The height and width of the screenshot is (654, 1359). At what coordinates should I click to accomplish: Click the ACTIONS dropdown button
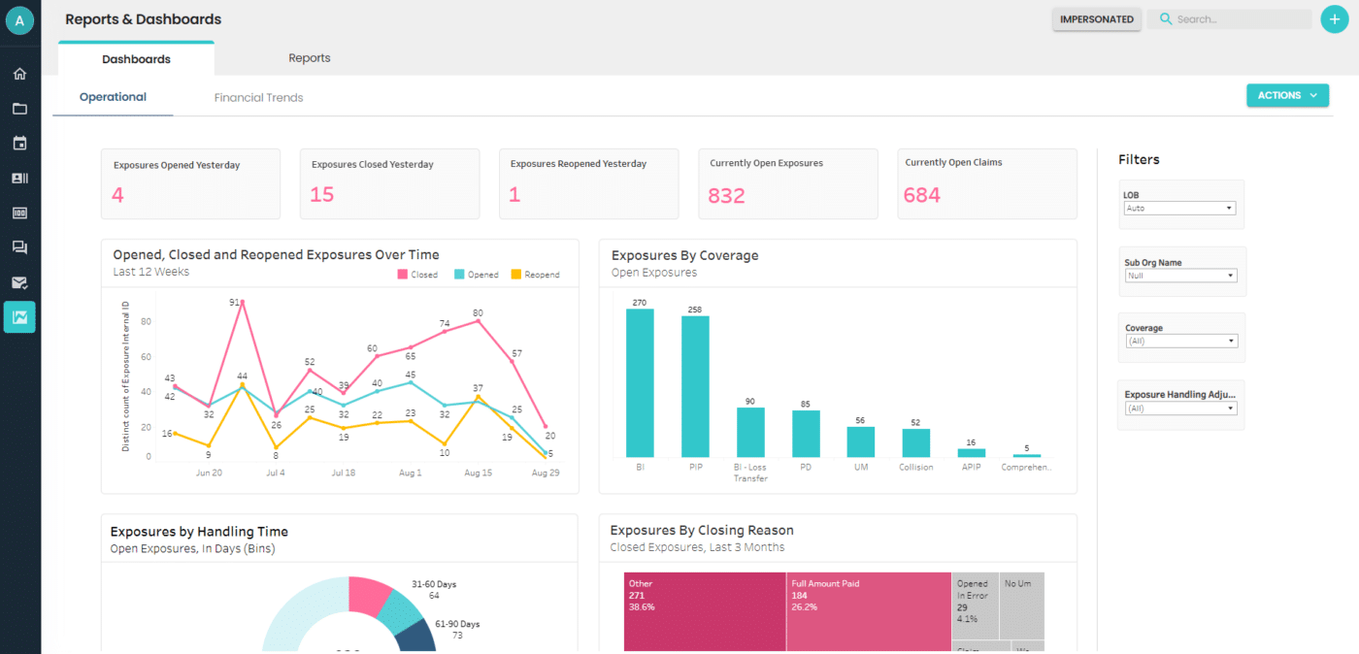click(x=1287, y=95)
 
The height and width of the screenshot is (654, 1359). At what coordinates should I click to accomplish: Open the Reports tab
click(x=309, y=58)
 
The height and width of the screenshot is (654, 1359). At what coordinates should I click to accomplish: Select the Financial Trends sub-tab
click(x=258, y=98)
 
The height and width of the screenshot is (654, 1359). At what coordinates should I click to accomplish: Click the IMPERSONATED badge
click(x=1096, y=19)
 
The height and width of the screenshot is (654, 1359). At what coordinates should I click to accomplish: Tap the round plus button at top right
click(x=1335, y=19)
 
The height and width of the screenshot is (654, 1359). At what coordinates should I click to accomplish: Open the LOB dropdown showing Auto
click(x=1179, y=209)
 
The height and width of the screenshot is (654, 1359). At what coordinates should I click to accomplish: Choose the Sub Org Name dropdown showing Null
click(x=1179, y=276)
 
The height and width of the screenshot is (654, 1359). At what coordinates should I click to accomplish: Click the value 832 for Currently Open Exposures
click(x=726, y=196)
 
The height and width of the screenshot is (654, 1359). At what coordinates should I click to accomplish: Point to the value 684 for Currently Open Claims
click(x=921, y=195)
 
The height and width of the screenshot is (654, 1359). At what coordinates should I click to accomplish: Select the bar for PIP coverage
click(x=695, y=386)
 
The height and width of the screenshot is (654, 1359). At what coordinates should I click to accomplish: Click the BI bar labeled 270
click(x=640, y=382)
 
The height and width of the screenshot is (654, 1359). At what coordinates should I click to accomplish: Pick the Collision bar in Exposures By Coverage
click(x=915, y=442)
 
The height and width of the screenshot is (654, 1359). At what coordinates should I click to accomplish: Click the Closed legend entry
click(x=417, y=275)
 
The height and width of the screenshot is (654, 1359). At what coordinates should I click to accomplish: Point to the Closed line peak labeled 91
click(x=242, y=302)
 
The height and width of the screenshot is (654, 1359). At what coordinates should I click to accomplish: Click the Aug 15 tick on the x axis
click(x=478, y=473)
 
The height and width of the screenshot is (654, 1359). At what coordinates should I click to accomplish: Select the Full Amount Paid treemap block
click(x=868, y=611)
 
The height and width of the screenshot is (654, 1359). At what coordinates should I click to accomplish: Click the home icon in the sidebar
click(x=19, y=74)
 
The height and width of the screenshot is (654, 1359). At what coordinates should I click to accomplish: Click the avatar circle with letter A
click(x=19, y=20)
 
